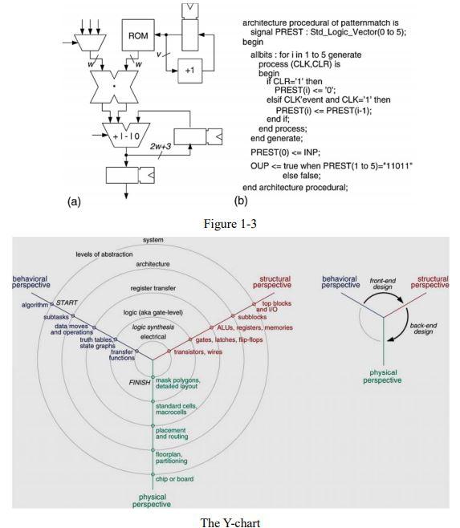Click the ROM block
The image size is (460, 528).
click(138, 35)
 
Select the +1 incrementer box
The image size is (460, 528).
click(189, 71)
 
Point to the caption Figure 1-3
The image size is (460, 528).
click(230, 222)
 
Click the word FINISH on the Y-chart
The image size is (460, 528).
click(140, 382)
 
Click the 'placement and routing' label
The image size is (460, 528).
click(172, 433)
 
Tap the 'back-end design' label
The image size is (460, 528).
click(423, 328)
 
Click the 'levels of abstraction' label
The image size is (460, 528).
click(104, 254)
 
